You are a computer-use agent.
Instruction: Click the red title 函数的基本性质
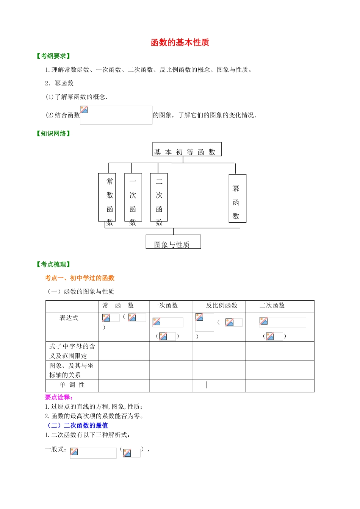coord(180,42)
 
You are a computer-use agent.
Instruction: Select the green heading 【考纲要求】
coord(53,56)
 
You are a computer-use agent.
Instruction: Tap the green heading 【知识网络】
coord(53,133)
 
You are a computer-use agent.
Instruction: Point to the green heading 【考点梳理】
coord(53,264)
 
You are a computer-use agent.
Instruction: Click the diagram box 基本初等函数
coord(187,149)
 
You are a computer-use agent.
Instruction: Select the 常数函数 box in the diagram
coord(107,197)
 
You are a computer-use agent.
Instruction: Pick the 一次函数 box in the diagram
coord(133,197)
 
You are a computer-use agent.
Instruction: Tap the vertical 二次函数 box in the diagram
coord(159,197)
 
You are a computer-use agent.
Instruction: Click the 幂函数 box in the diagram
coord(238,198)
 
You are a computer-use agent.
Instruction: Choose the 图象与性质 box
coord(173,242)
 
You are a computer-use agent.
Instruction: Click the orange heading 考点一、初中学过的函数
coord(80,278)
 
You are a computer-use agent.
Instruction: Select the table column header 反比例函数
coord(222,306)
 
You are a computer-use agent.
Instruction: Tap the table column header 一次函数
coord(165,306)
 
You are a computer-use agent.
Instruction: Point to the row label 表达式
coord(69,318)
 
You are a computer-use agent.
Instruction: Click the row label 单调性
coord(72,385)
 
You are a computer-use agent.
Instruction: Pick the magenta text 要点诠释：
coord(59,397)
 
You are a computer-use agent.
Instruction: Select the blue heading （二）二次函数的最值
coord(77,425)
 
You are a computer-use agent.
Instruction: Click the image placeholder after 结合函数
coord(116,115)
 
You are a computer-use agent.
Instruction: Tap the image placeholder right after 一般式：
coord(93,453)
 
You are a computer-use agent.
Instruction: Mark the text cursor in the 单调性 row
coord(207,385)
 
